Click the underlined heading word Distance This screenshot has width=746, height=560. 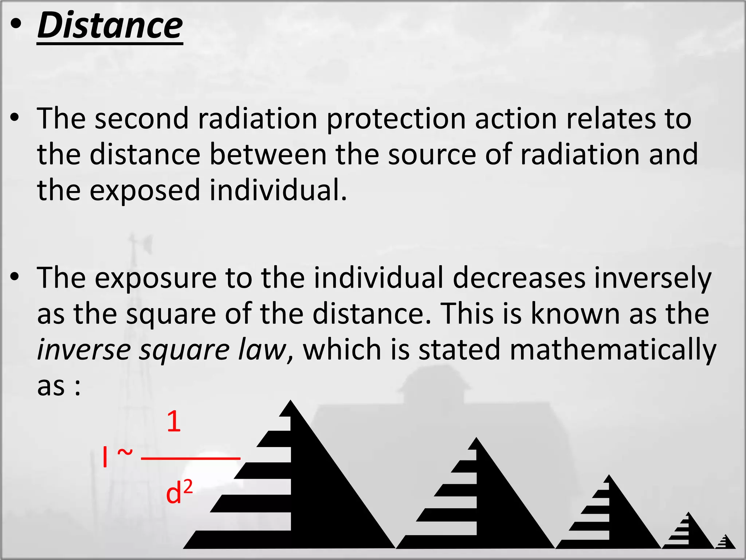tap(110, 26)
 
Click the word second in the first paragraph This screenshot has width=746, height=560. tap(142, 118)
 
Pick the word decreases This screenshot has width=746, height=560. tap(519, 278)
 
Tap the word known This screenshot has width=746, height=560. tap(575, 314)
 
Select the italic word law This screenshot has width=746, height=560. tap(262, 349)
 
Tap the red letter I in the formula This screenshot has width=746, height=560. tap(105, 458)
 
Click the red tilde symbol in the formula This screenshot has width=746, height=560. tap(125, 453)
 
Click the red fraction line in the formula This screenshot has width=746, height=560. tap(191, 458)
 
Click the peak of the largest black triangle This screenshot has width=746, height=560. tap(290, 402)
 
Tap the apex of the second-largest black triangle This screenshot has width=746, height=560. tap(476, 439)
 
